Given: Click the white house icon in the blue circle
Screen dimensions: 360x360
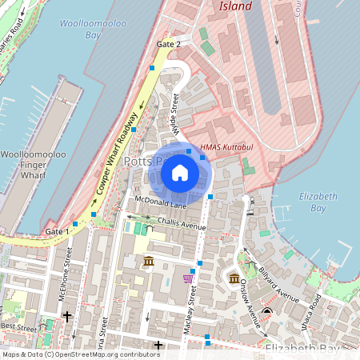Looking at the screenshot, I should point(180,173).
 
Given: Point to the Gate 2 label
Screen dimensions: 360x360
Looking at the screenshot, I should point(169,44).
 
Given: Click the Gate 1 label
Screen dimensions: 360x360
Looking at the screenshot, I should point(57,231).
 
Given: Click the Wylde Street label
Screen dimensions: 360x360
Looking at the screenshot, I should point(174,114).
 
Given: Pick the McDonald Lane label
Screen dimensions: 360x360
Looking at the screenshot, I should point(160,202).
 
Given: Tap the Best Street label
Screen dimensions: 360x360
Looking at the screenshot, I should point(18,326).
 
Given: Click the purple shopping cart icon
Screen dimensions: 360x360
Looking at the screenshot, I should point(188,278).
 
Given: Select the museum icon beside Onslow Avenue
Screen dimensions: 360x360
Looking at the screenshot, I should point(234,278).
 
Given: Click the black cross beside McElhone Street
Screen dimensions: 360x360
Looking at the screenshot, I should point(67,317).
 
